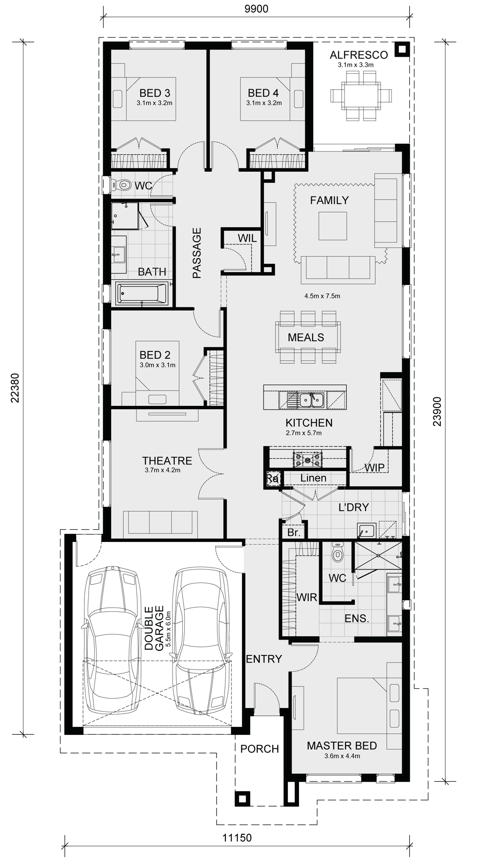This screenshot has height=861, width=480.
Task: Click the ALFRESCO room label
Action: coord(359,55)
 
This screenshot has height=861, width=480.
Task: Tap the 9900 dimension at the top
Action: coord(257,9)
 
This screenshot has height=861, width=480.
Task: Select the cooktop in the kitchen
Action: coord(307,459)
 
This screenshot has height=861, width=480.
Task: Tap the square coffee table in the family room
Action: coord(333,226)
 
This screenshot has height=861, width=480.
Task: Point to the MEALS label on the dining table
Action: coord(306,337)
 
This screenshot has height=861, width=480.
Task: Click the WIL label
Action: coord(247,238)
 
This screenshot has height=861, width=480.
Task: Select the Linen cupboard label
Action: coord(314,478)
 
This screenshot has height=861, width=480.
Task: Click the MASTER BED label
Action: coord(342,746)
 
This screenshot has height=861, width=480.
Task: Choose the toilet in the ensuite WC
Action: coord(337,553)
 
